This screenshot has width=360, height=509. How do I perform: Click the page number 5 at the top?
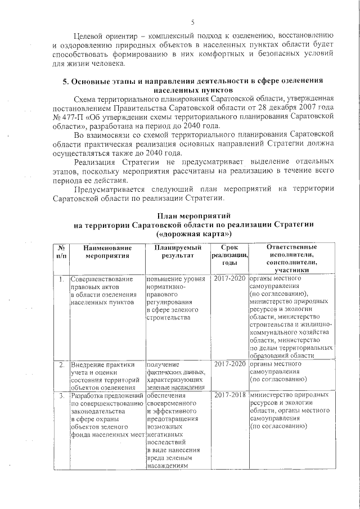[x=192, y=22]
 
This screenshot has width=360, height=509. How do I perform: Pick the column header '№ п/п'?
[x=60, y=251]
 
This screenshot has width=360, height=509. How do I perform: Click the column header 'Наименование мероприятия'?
[x=107, y=251]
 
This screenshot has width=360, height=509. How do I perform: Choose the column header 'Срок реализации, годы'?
[x=229, y=255]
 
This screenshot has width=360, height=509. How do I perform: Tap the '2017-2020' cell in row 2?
[x=229, y=364]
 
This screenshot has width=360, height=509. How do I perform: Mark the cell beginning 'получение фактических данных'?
[x=175, y=375]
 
